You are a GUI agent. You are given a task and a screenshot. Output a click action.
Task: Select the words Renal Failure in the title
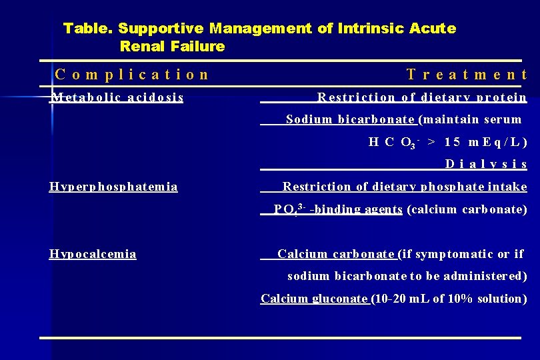pyautogui.click(x=172, y=47)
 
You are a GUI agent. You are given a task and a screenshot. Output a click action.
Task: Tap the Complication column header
pyautogui.click(x=132, y=75)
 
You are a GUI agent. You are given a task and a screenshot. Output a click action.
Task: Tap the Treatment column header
pyautogui.click(x=467, y=75)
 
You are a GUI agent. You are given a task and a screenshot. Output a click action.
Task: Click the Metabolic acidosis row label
pyautogui.click(x=117, y=97)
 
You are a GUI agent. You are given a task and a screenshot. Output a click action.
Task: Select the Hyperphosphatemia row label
pyautogui.click(x=113, y=187)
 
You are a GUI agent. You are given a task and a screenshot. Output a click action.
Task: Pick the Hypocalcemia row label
pyautogui.click(x=93, y=254)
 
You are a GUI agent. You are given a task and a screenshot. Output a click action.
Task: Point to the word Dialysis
pyautogui.click(x=486, y=164)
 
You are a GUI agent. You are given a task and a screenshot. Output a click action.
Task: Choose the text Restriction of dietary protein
pyautogui.click(x=422, y=97)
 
